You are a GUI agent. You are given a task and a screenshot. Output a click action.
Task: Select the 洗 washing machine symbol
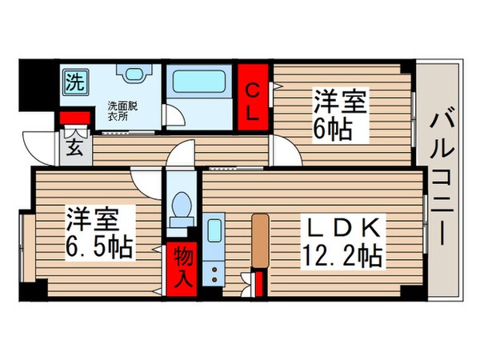(74, 81)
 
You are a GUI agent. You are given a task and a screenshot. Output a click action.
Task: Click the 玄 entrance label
(74, 148)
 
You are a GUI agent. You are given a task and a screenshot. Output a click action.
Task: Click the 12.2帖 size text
(340, 258)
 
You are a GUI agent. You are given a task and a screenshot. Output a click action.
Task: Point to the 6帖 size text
(332, 129)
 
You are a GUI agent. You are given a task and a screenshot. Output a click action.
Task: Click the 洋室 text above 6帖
(333, 102)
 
